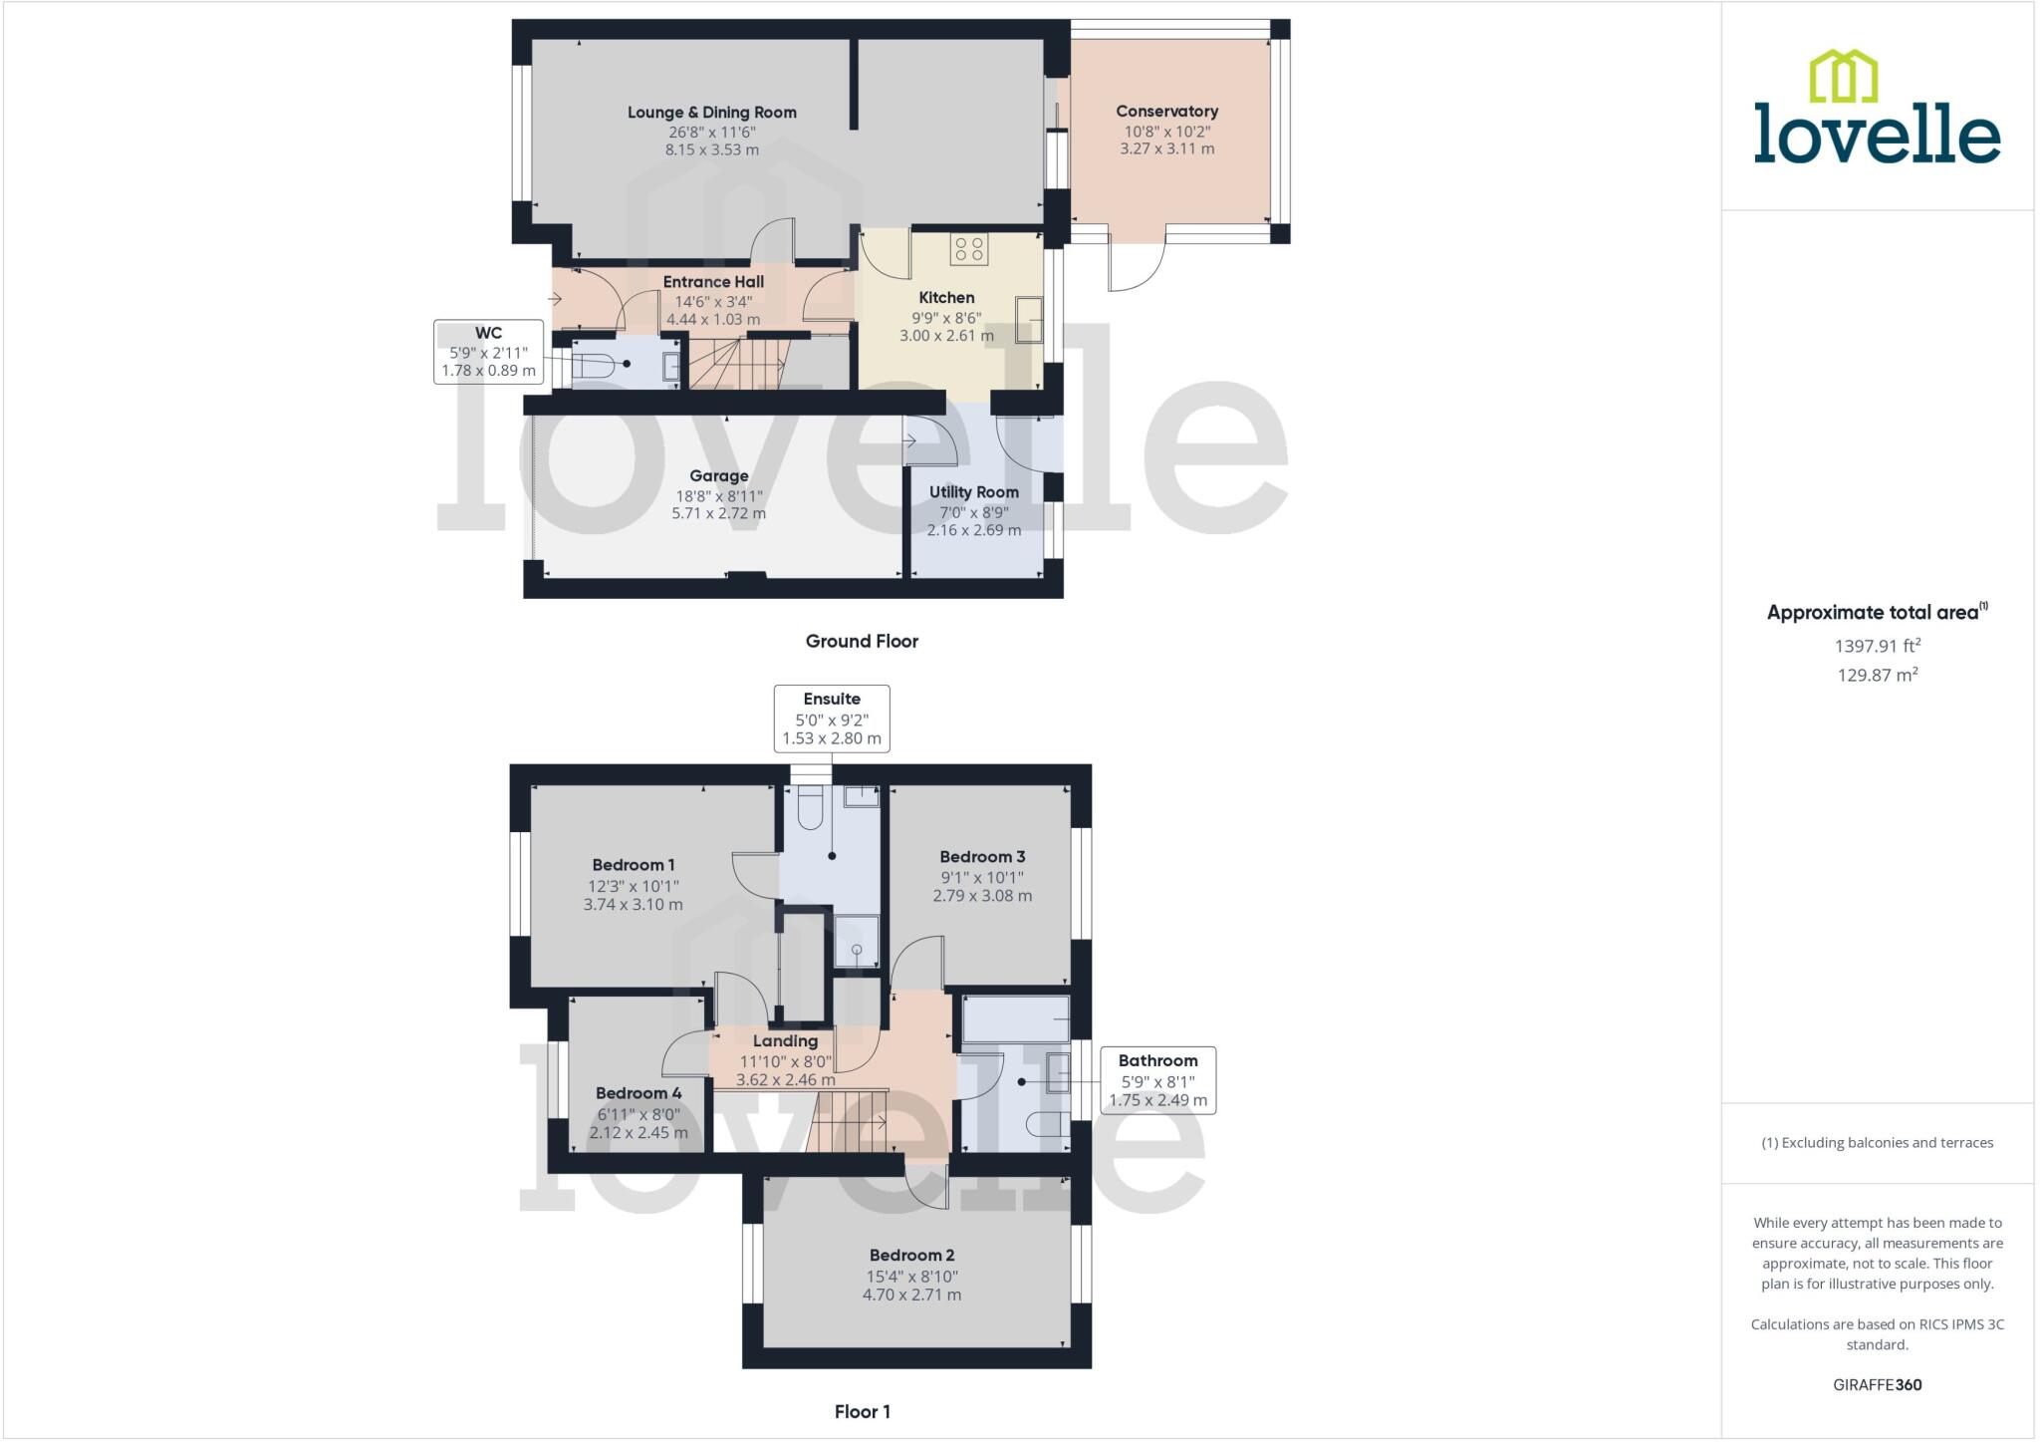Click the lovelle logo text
click(1877, 135)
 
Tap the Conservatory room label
click(1166, 112)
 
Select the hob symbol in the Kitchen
click(968, 248)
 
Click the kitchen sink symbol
click(1028, 320)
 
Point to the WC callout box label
click(488, 333)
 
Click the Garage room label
click(718, 476)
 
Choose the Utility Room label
click(973, 492)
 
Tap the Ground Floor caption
click(862, 642)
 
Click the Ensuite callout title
click(832, 699)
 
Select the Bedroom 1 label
click(634, 865)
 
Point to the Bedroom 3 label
click(982, 857)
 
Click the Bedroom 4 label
click(638, 1093)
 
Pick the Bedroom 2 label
click(911, 1256)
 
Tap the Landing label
click(785, 1041)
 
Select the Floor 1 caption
click(862, 1412)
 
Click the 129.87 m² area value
click(1877, 675)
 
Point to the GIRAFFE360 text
click(1877, 1385)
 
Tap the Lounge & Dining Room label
click(711, 113)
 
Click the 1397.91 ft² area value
click(1877, 646)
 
